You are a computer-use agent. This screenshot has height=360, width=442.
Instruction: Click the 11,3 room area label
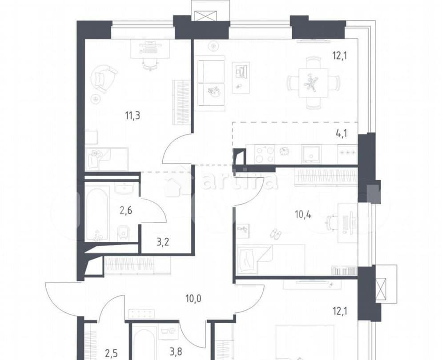pos(133,116)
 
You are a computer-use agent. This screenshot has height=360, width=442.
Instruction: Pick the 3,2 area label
pos(156,243)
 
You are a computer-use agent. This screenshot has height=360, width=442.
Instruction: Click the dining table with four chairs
pos(313,83)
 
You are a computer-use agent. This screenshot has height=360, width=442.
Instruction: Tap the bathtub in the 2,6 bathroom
pos(97,213)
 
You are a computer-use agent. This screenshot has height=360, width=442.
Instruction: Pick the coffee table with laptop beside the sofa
pos(241,77)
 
